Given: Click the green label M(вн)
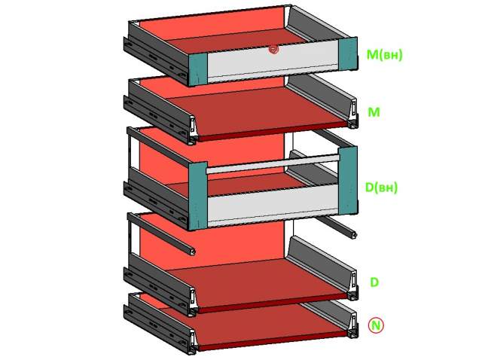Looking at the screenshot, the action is pyautogui.click(x=384, y=55).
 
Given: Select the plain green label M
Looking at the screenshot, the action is pyautogui.click(x=374, y=112).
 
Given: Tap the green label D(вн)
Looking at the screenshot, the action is pyautogui.click(x=381, y=188).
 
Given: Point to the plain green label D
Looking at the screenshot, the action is pyautogui.click(x=374, y=282).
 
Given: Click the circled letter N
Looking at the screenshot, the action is pyautogui.click(x=376, y=325).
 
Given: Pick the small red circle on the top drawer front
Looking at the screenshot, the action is pyautogui.click(x=273, y=50).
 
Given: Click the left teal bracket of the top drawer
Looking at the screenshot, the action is pyautogui.click(x=197, y=69).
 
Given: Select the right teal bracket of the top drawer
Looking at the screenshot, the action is pyautogui.click(x=348, y=54).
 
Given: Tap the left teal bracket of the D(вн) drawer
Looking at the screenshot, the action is pyautogui.click(x=197, y=196).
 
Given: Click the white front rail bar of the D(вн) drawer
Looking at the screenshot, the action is pyautogui.click(x=273, y=164).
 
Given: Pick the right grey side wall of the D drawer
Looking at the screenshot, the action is pyautogui.click(x=321, y=264).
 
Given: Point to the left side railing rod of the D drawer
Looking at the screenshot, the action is pyautogui.click(x=161, y=233).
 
